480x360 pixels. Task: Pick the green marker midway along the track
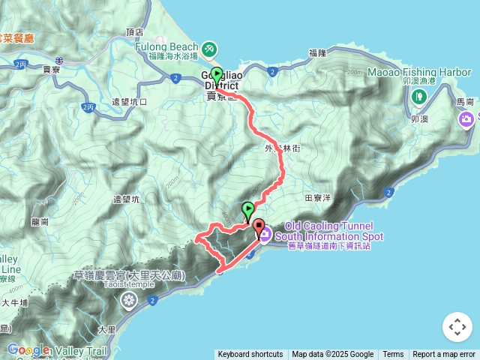tap(247, 209)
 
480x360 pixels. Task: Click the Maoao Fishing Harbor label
tap(419, 72)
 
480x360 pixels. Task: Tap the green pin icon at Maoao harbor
tap(418, 96)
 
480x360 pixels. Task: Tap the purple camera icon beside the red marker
tap(265, 234)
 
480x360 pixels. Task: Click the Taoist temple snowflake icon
tap(129, 301)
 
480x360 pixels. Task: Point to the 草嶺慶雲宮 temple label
tap(129, 276)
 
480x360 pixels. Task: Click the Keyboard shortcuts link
tap(250, 355)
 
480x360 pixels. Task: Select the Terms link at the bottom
tap(393, 355)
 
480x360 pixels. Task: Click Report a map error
tap(445, 355)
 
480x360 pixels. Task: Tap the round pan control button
tap(457, 327)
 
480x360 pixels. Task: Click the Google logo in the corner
tap(28, 349)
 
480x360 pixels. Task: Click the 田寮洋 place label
tap(318, 198)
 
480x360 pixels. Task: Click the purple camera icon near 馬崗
tap(467, 118)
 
